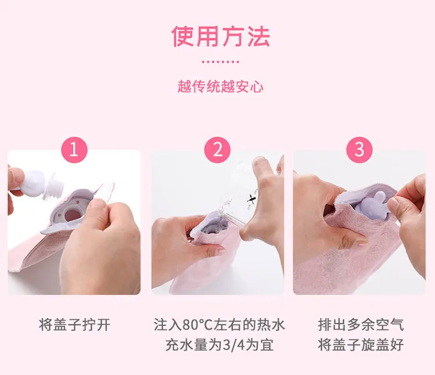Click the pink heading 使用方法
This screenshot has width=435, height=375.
(x=220, y=37)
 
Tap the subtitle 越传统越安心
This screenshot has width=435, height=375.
(x=220, y=86)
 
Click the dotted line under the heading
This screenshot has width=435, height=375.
(x=220, y=62)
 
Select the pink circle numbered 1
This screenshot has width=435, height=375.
(x=74, y=150)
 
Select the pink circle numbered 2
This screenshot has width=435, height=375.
(x=217, y=150)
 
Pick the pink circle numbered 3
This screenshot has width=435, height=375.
(x=359, y=150)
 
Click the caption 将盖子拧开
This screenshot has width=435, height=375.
(x=75, y=324)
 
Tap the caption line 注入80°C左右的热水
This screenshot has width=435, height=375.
(x=219, y=324)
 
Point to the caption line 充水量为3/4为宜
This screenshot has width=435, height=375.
(x=219, y=345)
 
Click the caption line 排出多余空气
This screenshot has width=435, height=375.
(x=361, y=324)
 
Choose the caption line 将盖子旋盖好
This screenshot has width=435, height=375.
(x=361, y=345)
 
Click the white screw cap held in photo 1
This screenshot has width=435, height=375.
(x=42, y=184)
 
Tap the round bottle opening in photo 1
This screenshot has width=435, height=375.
(x=72, y=215)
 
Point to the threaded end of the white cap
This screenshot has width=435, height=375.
(x=54, y=187)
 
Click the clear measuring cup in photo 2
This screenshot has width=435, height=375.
(x=239, y=194)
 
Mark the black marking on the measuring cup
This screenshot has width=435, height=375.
(x=251, y=199)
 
